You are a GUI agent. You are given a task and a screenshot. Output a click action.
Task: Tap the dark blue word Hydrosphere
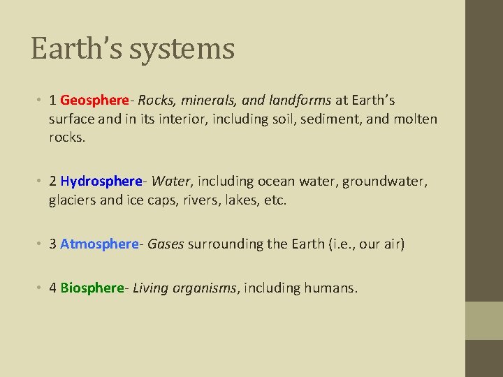[101, 182]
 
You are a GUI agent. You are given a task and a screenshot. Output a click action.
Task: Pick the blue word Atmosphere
[99, 244]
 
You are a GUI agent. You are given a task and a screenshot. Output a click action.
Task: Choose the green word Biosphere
[92, 288]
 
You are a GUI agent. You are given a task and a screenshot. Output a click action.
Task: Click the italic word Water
[170, 182]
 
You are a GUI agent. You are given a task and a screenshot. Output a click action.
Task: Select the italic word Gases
[166, 244]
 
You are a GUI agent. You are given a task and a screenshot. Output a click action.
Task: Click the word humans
[330, 288]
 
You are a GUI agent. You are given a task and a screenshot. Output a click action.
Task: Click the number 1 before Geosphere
[53, 101]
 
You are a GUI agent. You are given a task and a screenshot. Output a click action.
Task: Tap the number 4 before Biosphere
[53, 288]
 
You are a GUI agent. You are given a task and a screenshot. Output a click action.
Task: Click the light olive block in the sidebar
[484, 320]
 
